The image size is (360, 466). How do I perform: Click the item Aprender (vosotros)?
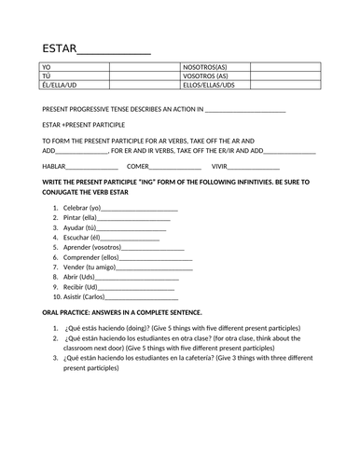(x=92, y=247)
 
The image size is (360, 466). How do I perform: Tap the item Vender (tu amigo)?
(x=90, y=267)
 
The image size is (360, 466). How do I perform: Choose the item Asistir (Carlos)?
(x=84, y=296)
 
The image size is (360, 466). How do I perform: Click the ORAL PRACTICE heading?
(x=122, y=311)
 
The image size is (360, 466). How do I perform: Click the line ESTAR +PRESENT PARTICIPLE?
(x=86, y=123)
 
